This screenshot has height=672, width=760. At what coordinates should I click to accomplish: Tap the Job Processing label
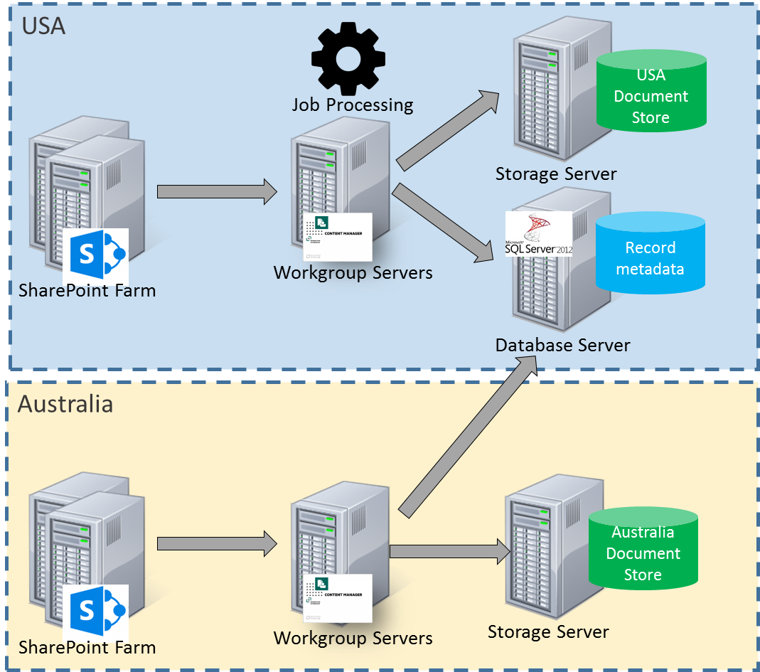tap(353, 105)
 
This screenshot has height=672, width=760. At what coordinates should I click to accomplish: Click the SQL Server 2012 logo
tap(538, 234)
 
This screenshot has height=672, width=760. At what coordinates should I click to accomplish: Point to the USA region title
tap(43, 26)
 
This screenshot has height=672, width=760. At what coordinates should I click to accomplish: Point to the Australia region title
tap(65, 404)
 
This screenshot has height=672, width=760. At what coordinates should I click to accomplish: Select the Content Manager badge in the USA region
tap(338, 237)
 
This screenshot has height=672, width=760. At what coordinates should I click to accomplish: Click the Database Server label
tap(562, 346)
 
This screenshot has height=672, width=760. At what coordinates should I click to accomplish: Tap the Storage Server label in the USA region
tap(556, 174)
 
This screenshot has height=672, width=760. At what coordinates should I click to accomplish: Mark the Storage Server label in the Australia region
tap(548, 631)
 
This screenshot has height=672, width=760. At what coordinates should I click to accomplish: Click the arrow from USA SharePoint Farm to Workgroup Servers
tap(216, 191)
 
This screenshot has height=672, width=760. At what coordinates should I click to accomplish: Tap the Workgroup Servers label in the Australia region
tap(353, 638)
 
